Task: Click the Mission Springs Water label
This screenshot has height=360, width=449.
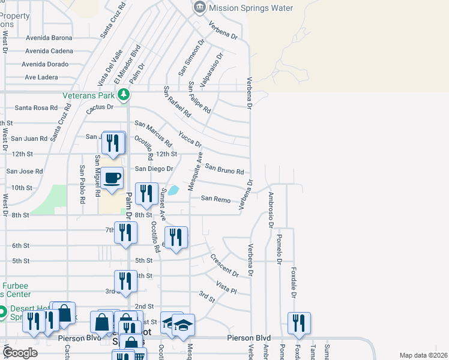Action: point(250,8)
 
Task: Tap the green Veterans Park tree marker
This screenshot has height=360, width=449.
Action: point(124,94)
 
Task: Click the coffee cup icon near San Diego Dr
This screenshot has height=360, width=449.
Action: point(112,178)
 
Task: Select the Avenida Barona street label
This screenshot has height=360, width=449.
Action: point(49,37)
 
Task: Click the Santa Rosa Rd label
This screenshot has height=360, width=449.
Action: point(36,108)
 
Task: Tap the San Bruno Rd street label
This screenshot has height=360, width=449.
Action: point(224,169)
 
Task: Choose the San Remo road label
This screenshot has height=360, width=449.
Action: point(215,198)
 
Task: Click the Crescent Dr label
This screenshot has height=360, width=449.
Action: point(224,266)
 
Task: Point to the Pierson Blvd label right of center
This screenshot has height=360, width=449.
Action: point(249,338)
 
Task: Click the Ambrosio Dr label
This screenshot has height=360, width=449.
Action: point(271,210)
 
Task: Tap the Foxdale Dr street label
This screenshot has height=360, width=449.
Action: point(294,283)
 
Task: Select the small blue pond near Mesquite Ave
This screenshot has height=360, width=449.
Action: point(173,191)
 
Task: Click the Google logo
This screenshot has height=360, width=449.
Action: point(20,353)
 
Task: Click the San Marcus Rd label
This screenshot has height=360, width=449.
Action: point(153,134)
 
